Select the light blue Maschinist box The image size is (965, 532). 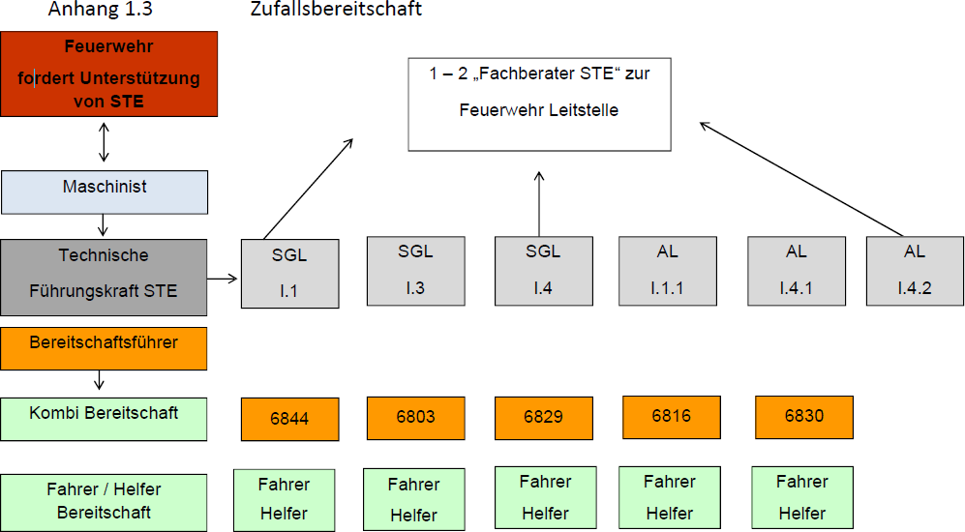click(x=104, y=192)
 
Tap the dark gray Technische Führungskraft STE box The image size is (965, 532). click(x=104, y=277)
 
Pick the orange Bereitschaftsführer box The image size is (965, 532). click(x=104, y=348)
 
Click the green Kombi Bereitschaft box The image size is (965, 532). click(x=104, y=418)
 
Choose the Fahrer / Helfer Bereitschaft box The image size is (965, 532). click(x=104, y=500)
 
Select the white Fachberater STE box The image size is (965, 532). click(x=539, y=103)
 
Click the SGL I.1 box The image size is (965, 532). click(x=289, y=273)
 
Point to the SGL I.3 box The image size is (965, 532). click(x=415, y=271)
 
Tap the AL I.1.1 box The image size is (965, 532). click(x=667, y=271)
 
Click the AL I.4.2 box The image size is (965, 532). click(x=915, y=271)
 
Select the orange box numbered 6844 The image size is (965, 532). click(x=289, y=419)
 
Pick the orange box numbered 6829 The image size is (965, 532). click(x=543, y=417)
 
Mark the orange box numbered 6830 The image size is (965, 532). click(x=803, y=416)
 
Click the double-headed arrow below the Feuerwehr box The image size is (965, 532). click(x=104, y=142)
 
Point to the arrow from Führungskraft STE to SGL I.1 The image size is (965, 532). click(x=223, y=279)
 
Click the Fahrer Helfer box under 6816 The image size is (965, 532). click(x=669, y=496)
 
